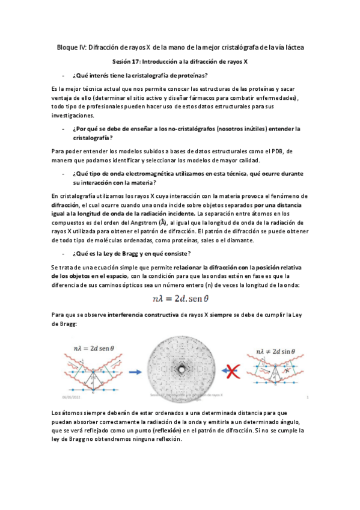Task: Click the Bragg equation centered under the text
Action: pyautogui.click(x=180, y=298)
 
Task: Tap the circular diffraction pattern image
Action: pyautogui.click(x=180, y=364)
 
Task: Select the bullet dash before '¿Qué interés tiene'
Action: pyautogui.click(x=63, y=75)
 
